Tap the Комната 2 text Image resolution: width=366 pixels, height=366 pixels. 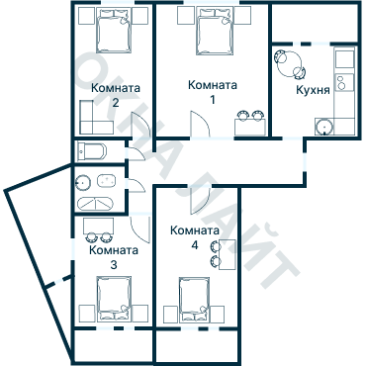pyautogui.click(x=115, y=94)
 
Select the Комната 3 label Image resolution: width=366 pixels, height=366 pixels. pyautogui.click(x=113, y=257)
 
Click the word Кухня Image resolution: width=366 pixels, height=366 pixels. pyautogui.click(x=313, y=91)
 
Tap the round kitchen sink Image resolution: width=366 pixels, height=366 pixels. pyautogui.click(x=322, y=126)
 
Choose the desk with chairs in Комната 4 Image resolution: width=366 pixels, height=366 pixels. pyautogui.click(x=222, y=253)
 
